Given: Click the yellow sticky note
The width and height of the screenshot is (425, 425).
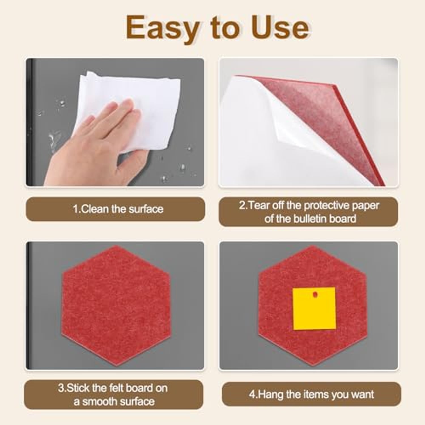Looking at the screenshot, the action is tap(314, 309).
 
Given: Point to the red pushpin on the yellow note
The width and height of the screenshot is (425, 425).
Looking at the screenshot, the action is tap(314, 295).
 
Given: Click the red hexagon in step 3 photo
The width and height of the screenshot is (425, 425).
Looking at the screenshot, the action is tap(116, 306).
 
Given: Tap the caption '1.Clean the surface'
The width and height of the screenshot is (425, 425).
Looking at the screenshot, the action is tap(118, 209).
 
